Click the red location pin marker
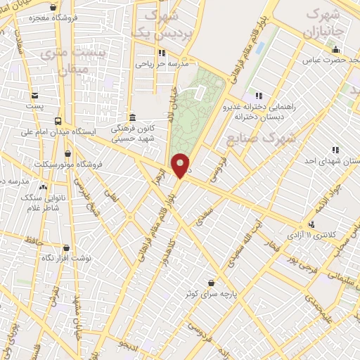coord(181,165)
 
